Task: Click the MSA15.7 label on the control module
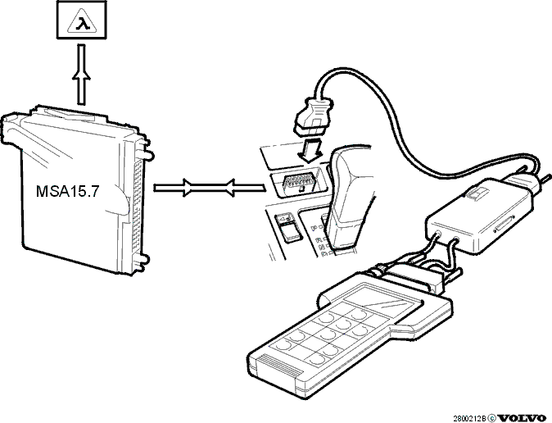pos(68,191)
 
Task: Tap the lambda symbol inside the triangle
pos(82,25)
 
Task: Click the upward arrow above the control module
pos(81,75)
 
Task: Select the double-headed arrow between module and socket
pos(209,188)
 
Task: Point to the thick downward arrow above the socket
pos(310,149)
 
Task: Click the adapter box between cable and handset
pos(478,215)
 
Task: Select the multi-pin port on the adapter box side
pos(504,224)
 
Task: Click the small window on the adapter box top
pos(477,193)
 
